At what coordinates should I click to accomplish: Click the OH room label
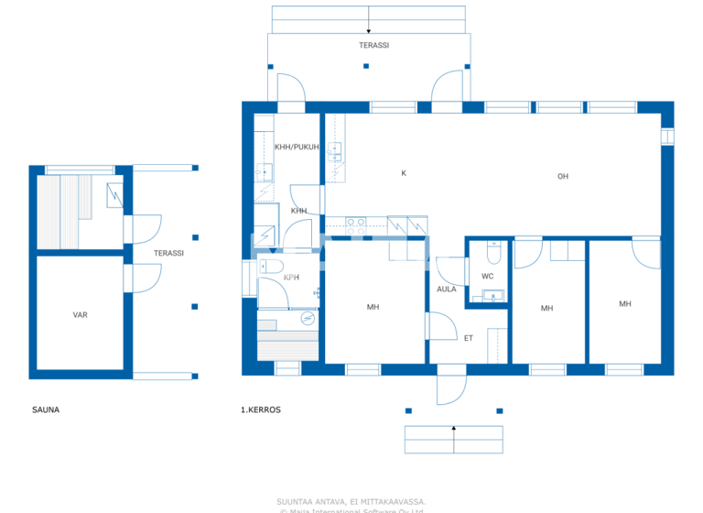(x=563, y=177)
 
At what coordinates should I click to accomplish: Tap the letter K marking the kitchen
(x=403, y=173)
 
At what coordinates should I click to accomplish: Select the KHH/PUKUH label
(x=297, y=147)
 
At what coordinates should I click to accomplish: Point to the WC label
(x=487, y=276)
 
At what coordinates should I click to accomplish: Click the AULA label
(x=446, y=289)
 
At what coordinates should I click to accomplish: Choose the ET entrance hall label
(x=468, y=338)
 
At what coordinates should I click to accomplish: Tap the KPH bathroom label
(x=291, y=278)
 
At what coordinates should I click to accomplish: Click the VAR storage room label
(x=81, y=314)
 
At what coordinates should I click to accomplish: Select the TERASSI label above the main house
(x=373, y=44)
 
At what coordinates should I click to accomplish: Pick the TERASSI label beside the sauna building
(x=168, y=253)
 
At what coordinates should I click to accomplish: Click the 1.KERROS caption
(x=261, y=409)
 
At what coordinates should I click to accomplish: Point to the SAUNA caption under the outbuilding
(x=45, y=409)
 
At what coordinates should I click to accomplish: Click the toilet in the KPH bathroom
(x=268, y=267)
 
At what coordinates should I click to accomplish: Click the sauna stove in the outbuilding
(x=115, y=195)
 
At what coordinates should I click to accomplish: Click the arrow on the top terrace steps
(x=368, y=19)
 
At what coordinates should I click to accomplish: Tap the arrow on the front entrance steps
(x=454, y=439)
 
